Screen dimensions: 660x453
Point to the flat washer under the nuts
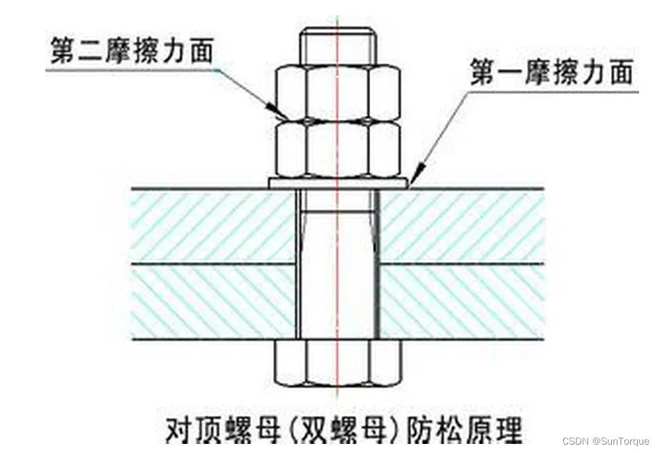337,182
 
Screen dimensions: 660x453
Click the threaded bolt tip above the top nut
337,45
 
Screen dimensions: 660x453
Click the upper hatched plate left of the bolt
209,224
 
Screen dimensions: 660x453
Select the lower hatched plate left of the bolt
209,301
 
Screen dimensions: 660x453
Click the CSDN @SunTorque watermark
606,441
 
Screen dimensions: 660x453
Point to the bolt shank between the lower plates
337,301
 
